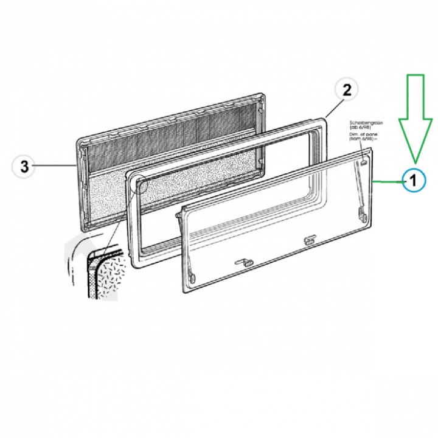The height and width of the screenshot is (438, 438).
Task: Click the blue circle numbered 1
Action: (x=412, y=180)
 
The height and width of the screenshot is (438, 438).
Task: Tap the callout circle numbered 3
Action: (x=24, y=166)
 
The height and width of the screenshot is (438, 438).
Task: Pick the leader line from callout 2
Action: (x=331, y=107)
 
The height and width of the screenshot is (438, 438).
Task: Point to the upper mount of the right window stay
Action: (x=363, y=163)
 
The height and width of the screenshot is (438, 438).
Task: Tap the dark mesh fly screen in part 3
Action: (x=170, y=137)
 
